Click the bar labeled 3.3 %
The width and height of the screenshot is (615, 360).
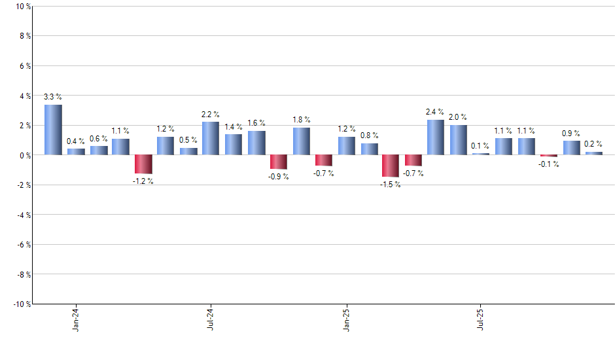53,130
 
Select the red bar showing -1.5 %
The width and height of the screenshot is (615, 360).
391,166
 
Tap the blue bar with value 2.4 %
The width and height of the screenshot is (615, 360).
436,137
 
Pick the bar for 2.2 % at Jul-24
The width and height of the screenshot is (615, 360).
211,139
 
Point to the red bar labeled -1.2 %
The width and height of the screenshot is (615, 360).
143,164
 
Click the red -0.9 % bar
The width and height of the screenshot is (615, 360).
279,162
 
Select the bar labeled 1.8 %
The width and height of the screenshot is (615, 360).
301,141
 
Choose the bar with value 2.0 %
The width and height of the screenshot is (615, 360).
458,140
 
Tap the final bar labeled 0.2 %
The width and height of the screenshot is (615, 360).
593,153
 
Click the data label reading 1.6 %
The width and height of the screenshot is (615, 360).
256,123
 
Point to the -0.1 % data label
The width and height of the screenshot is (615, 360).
549,164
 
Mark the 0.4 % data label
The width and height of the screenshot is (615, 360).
76,141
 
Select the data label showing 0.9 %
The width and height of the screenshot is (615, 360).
571,133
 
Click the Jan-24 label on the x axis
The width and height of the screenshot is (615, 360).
76,319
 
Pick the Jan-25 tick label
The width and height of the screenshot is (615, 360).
346,319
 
